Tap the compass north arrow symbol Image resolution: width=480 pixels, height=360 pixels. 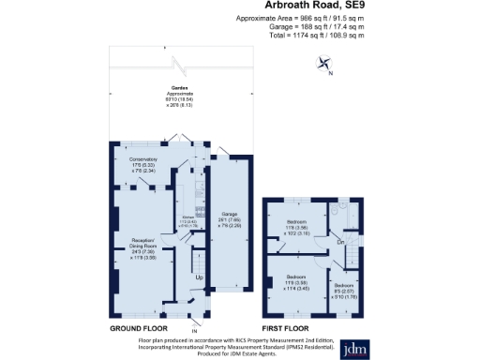(325, 65)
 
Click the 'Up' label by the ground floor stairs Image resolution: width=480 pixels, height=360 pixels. (199, 277)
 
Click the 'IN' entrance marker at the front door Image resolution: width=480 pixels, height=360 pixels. (195, 330)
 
